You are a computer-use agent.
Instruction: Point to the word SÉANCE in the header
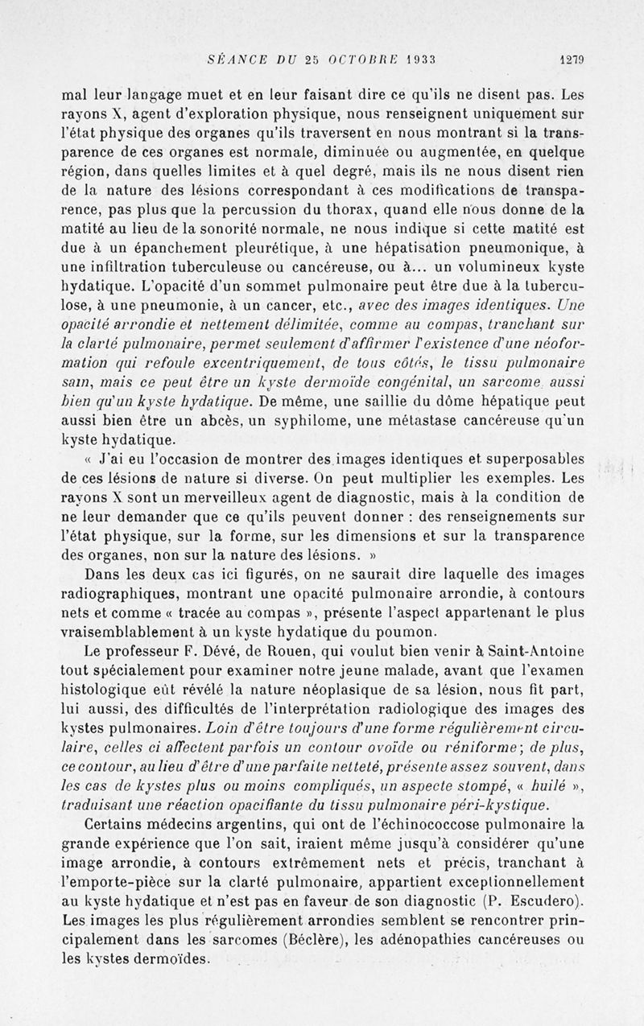click(x=234, y=58)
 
